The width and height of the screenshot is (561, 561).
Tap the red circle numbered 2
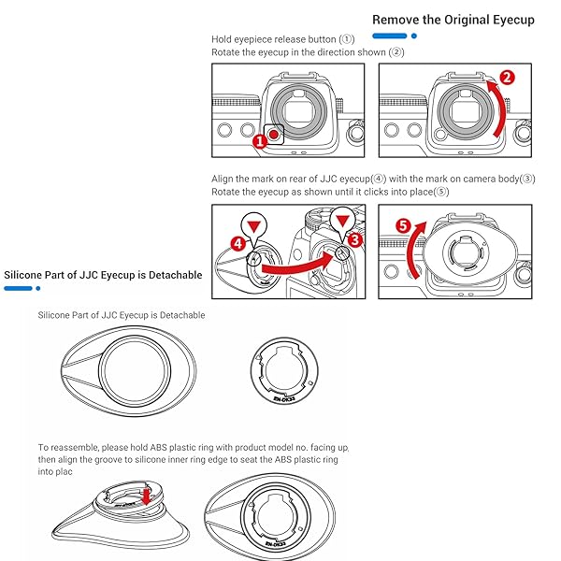[x=506, y=79]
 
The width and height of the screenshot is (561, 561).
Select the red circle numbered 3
[x=354, y=240]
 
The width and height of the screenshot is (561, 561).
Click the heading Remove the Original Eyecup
[x=453, y=19]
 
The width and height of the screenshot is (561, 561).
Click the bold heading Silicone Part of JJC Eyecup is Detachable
[x=103, y=275]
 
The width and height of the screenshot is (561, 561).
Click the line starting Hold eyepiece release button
[x=283, y=39]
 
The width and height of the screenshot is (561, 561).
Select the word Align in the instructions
[x=223, y=178]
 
